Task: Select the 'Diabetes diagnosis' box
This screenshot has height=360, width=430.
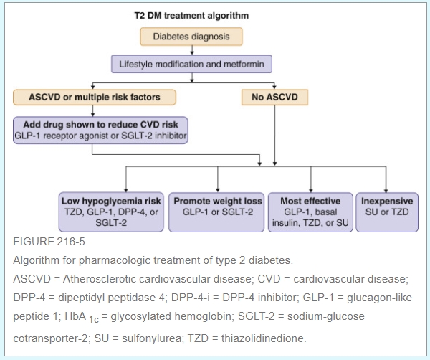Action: coord(192,36)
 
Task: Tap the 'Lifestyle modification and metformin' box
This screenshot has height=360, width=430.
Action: coord(192,65)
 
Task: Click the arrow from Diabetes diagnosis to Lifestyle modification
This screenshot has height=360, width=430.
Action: coord(192,50)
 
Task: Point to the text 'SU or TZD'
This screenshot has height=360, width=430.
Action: coord(387,212)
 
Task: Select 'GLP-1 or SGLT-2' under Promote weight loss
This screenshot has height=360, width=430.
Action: coord(217,212)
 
